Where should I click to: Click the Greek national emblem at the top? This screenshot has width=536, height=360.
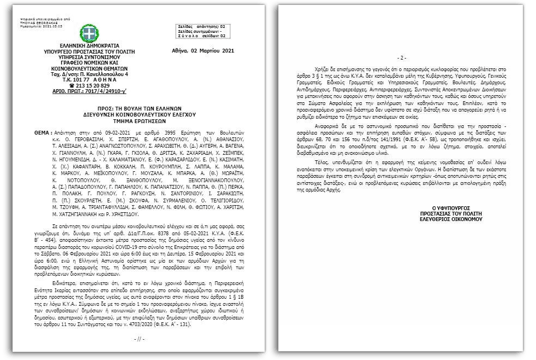click(x=89, y=33)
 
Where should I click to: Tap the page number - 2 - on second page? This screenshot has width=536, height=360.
click(x=401, y=58)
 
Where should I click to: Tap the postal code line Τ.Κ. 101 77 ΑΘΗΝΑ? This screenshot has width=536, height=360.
click(x=89, y=79)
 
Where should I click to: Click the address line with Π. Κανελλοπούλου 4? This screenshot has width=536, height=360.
click(x=89, y=74)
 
